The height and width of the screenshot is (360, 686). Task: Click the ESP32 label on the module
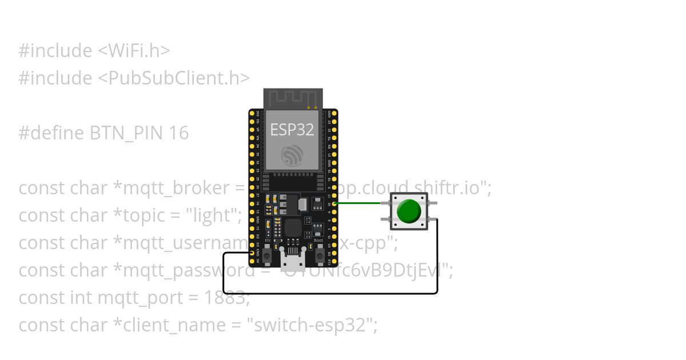coord(292,130)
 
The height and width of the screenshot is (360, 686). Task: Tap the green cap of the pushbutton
coord(409,211)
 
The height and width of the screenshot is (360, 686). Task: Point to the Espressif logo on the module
coord(293,155)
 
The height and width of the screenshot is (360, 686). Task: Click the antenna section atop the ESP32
coord(293,98)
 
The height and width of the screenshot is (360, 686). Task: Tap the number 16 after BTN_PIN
coord(179,133)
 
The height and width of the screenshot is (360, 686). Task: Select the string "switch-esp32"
coord(312,325)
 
